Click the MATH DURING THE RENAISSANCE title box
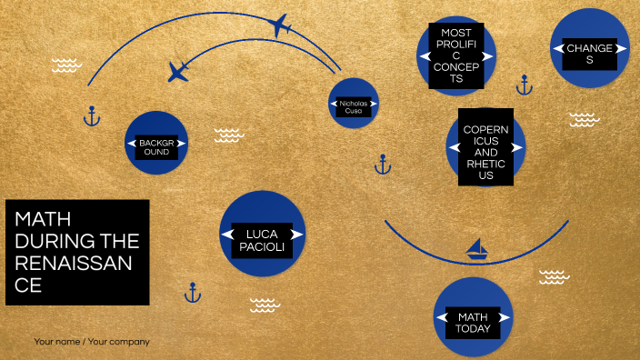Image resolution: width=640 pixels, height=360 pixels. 77,252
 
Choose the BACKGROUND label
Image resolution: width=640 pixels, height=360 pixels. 161,147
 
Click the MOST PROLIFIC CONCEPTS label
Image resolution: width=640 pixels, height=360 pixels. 456,55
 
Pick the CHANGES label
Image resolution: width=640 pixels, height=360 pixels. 589,54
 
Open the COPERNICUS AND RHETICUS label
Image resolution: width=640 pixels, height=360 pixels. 485,146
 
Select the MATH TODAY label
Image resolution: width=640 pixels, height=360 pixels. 473,322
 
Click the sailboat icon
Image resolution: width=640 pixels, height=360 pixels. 476,248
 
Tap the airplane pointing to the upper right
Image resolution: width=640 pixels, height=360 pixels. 281,25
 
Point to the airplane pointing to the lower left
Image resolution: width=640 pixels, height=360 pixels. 178,70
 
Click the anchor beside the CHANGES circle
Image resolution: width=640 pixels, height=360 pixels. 524,85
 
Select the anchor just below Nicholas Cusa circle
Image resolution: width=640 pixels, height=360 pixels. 383,165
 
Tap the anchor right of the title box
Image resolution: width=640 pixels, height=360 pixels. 193,293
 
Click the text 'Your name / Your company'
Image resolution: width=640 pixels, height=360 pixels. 92,342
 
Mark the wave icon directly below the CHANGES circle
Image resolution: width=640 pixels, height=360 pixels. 584,119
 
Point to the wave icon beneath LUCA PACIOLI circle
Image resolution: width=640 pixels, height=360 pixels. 265,304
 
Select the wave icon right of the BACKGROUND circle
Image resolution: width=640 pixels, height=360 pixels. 229,135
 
